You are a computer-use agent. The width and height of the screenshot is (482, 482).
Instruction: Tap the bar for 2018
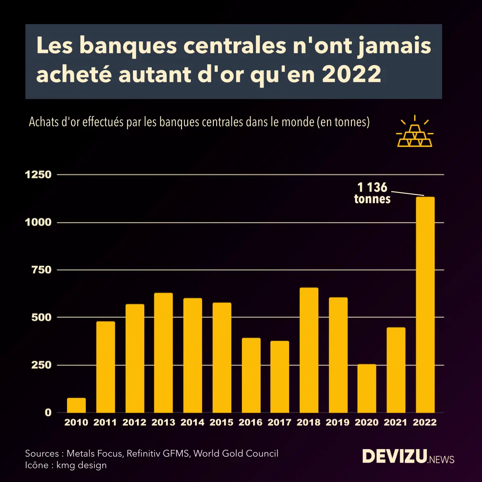309,350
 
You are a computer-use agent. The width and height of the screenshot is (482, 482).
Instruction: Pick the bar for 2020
367,388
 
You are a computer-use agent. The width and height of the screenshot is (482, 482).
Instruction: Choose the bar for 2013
163,352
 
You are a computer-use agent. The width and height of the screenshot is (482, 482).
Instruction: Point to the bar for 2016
251,375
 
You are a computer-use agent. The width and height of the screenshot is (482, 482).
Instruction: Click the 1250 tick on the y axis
38,175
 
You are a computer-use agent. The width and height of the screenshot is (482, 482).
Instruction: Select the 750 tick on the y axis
41,270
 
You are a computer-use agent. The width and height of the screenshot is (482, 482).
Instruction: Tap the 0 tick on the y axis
48,413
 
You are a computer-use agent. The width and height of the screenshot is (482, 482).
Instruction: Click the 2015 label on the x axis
221,423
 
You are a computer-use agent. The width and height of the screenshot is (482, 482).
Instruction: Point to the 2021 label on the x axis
396,423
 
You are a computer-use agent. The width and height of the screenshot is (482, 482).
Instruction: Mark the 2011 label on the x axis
105,423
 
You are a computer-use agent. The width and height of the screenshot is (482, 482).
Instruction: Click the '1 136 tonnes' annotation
372,193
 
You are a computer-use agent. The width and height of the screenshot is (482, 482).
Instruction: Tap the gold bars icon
415,133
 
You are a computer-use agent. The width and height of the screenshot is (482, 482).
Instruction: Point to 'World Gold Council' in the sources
236,453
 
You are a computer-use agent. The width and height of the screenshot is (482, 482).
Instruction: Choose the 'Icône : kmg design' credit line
66,465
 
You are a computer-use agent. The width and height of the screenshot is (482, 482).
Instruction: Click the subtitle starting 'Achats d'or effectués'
199,122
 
